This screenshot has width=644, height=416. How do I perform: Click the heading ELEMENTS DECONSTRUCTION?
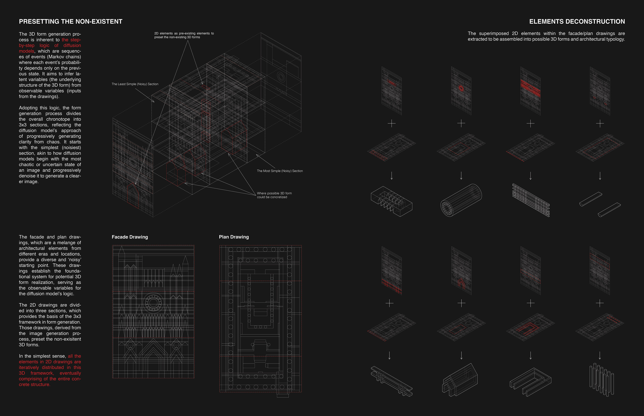(577, 22)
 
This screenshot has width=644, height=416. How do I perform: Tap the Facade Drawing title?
(130, 237)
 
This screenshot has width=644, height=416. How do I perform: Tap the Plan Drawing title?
(234, 237)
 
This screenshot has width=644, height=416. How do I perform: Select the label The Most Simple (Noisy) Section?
(280, 171)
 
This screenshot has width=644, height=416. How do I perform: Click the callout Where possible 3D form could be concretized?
(274, 195)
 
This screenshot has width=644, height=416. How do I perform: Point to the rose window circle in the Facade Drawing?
(153, 302)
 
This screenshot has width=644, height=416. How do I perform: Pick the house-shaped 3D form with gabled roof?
(460, 380)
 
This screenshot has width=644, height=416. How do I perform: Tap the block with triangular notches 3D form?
(391, 201)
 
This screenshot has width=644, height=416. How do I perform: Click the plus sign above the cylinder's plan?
(461, 123)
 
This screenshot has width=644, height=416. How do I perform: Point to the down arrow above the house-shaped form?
(461, 355)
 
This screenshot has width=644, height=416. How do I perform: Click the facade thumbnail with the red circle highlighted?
(461, 91)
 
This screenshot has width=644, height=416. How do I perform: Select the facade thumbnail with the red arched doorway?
(461, 270)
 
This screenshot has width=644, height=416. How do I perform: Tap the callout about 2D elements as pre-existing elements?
(184, 35)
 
